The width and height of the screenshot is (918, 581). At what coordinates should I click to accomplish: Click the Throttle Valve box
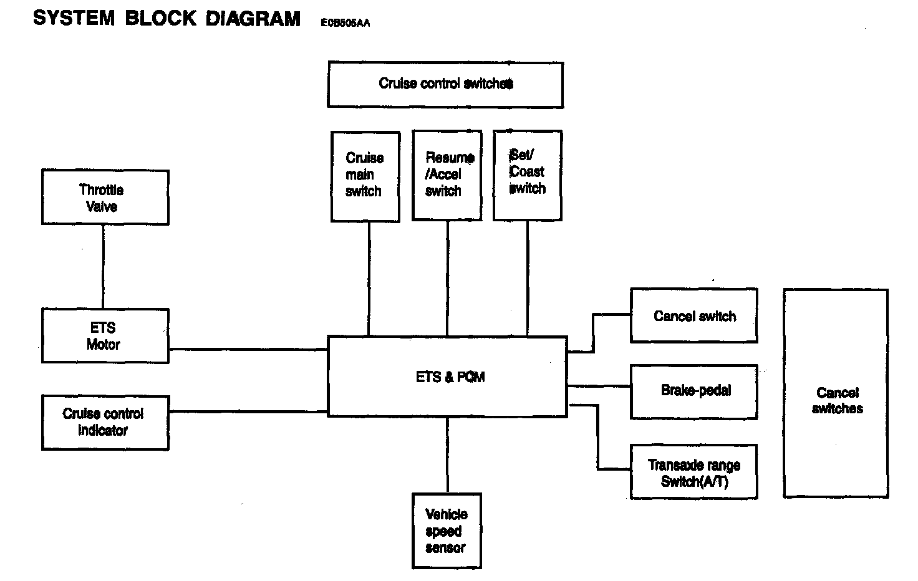pyautogui.click(x=105, y=197)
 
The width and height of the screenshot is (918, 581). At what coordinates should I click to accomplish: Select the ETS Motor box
pyautogui.click(x=105, y=335)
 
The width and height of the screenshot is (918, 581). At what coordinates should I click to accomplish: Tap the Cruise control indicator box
pyautogui.click(x=105, y=422)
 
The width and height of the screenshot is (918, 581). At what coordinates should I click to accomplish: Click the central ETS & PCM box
pyautogui.click(x=447, y=377)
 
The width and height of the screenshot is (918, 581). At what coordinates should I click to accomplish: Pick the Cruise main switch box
pyautogui.click(x=365, y=176)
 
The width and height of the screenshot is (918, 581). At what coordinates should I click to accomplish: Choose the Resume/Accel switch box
pyautogui.click(x=447, y=175)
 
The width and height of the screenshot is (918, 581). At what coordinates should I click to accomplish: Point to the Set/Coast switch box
pyautogui.click(x=527, y=175)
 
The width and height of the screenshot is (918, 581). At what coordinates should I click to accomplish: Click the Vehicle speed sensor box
pyautogui.click(x=447, y=531)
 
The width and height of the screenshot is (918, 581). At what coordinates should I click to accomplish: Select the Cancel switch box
pyautogui.click(x=693, y=315)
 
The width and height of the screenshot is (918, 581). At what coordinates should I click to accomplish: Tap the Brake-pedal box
pyautogui.click(x=693, y=391)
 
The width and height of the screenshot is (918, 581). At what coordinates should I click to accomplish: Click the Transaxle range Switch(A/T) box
pyautogui.click(x=693, y=472)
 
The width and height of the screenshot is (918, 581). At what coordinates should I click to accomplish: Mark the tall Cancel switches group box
pyautogui.click(x=836, y=393)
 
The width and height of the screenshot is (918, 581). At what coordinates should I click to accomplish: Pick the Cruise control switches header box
pyautogui.click(x=445, y=84)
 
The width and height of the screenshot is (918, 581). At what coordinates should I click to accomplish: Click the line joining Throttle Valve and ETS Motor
pyautogui.click(x=104, y=266)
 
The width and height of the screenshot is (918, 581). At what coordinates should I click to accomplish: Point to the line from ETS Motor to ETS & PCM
pyautogui.click(x=248, y=349)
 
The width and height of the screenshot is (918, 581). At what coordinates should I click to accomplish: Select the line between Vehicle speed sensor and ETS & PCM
pyautogui.click(x=447, y=454)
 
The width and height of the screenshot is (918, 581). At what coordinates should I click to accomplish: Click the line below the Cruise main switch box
pyautogui.click(x=369, y=279)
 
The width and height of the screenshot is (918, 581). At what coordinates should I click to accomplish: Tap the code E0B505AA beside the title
pyautogui.click(x=345, y=23)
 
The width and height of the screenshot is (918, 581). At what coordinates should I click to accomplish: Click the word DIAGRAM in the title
pyautogui.click(x=253, y=19)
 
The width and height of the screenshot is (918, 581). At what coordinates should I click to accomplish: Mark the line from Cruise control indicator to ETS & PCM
pyautogui.click(x=248, y=411)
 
